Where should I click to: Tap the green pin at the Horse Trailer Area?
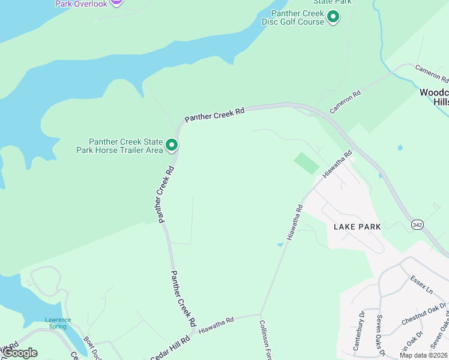tap(172, 145)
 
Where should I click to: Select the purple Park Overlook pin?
tap(116, 2)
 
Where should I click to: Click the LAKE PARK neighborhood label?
tap(357, 227)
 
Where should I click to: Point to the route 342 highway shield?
tap(417, 224)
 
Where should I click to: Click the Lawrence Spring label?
tap(58, 323)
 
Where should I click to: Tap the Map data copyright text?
tap(423, 355)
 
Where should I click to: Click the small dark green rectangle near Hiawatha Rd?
tap(307, 163)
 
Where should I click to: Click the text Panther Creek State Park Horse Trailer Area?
tap(119, 146)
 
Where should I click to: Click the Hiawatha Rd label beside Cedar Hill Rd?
tap(215, 325)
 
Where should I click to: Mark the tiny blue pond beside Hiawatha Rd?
tap(280, 245)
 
